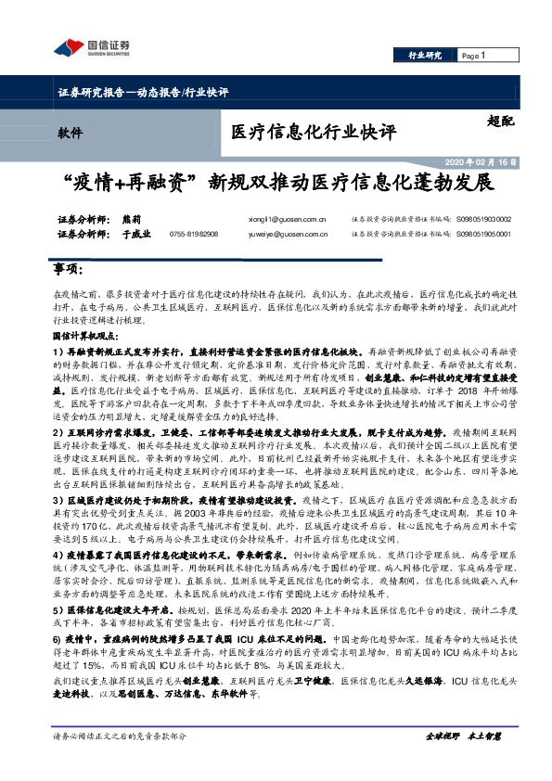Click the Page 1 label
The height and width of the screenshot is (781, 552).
pos(474,56)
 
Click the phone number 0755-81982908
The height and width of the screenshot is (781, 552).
pos(193,235)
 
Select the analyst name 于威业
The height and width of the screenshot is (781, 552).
pos(135,235)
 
